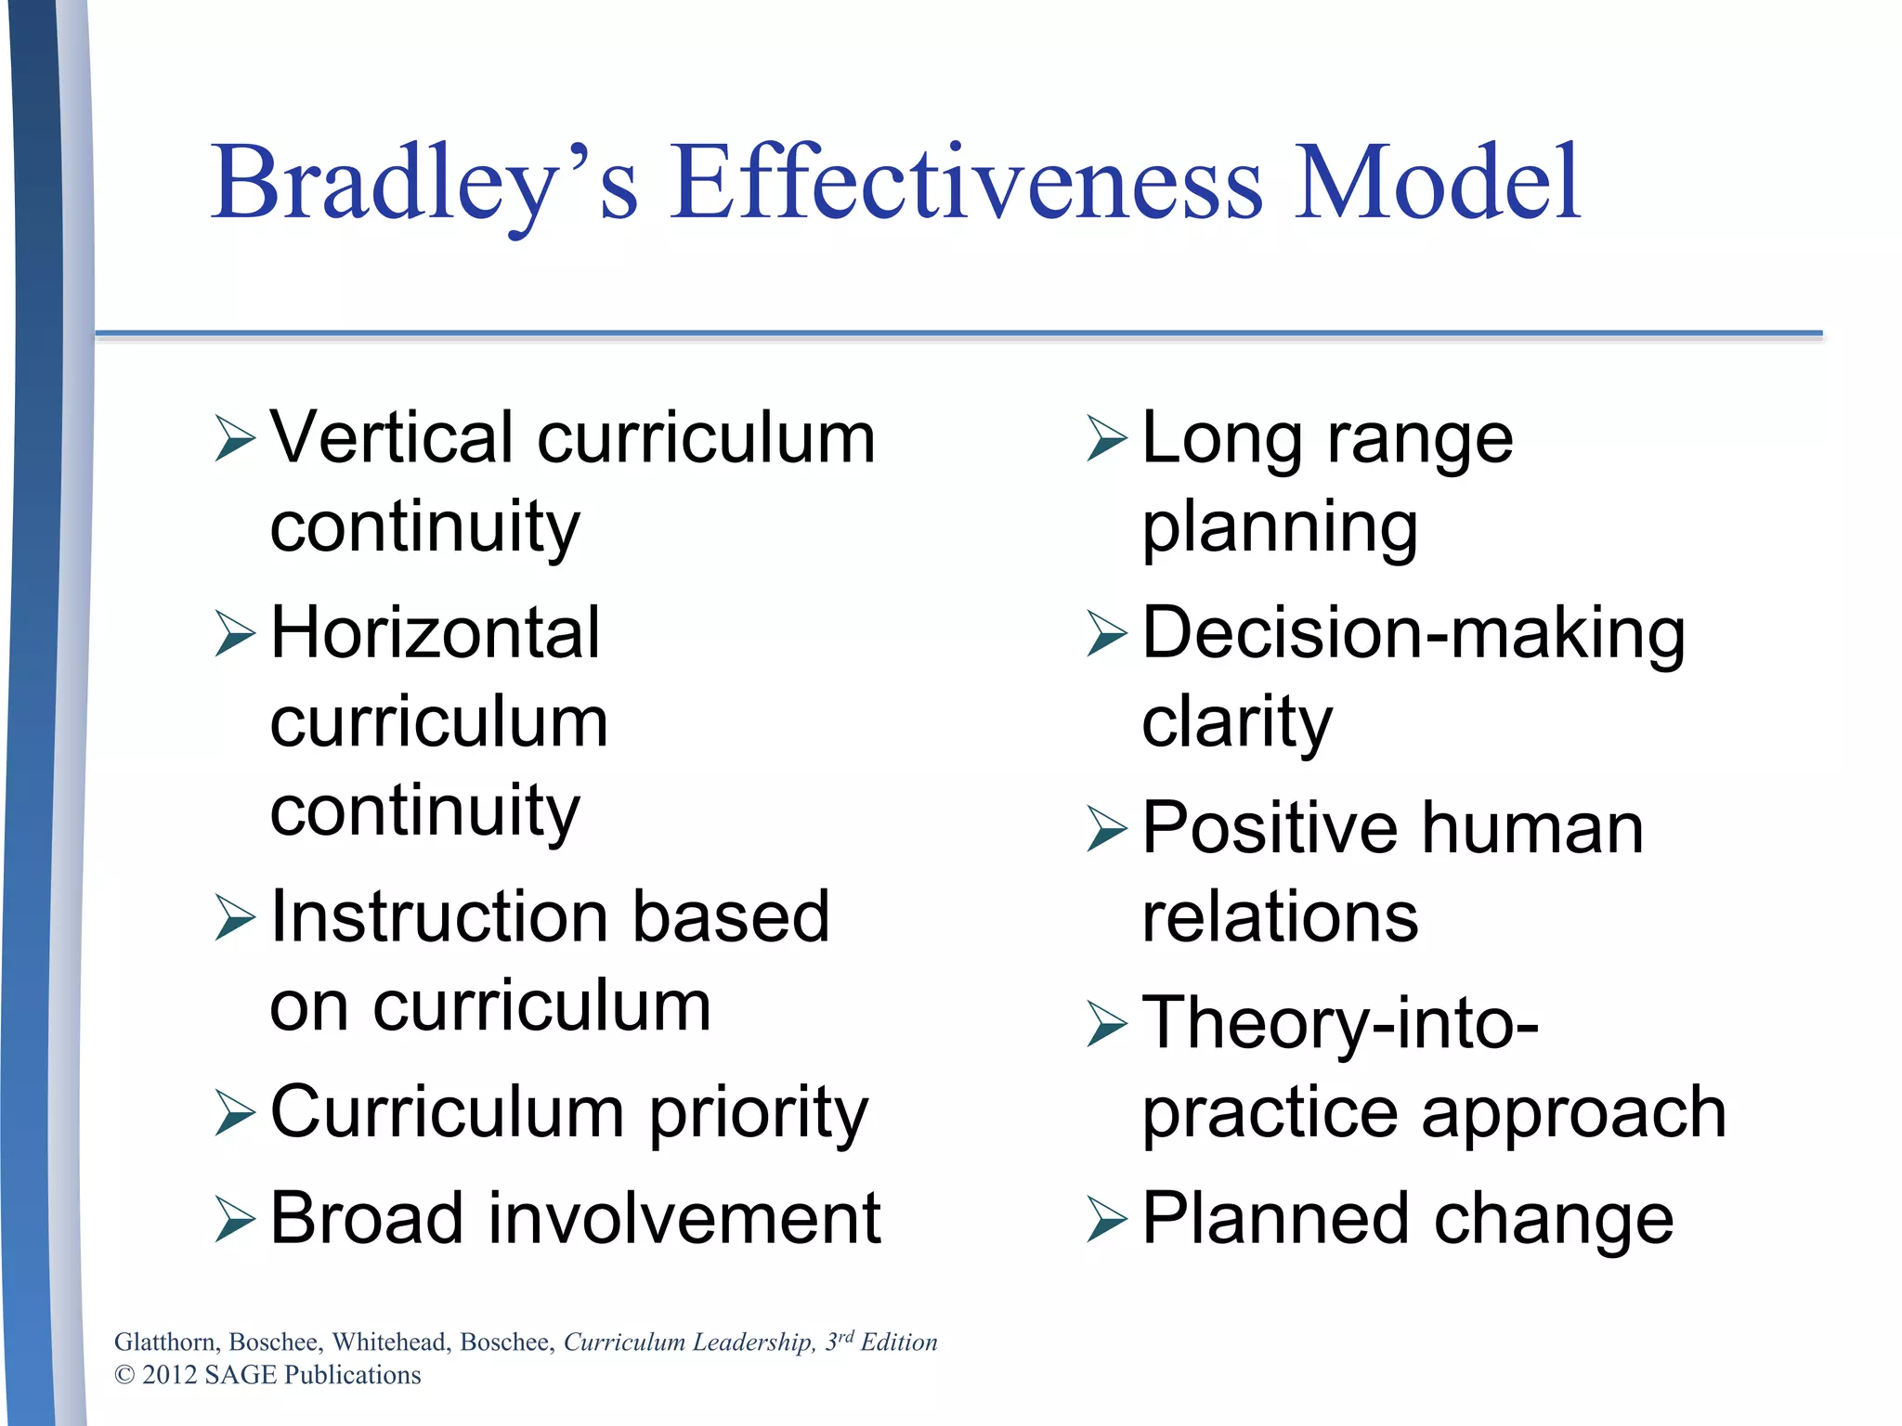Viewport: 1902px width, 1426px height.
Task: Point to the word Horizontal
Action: pyautogui.click(x=435, y=633)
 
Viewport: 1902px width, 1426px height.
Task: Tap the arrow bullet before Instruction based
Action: pyautogui.click(x=234, y=918)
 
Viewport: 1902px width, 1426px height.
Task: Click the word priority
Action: pyautogui.click(x=758, y=1113)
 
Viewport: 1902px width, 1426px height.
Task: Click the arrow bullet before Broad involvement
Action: pyautogui.click(x=234, y=1220)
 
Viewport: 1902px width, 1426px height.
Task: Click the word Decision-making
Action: pyautogui.click(x=1413, y=635)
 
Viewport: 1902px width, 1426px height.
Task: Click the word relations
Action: pyautogui.click(x=1280, y=917)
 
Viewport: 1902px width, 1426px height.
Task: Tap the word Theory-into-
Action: pyautogui.click(x=1340, y=1023)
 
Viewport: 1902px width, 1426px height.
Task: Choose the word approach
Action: pyautogui.click(x=1573, y=1114)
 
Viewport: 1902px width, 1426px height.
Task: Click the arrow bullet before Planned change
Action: pyautogui.click(x=1106, y=1220)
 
